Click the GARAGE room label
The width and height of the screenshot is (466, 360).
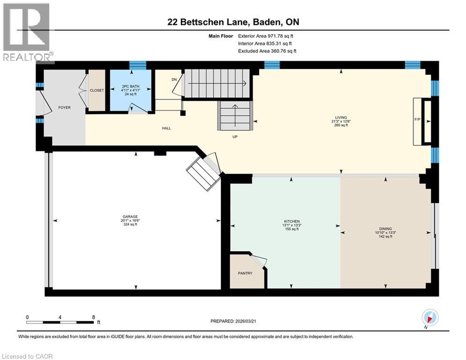tap(136, 217)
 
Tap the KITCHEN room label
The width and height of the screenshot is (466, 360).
tap(292, 221)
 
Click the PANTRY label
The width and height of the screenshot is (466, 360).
tap(245, 273)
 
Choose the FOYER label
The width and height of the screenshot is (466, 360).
tap(64, 107)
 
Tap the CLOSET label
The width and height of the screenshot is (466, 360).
tap(97, 90)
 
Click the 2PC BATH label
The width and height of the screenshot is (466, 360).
tap(131, 86)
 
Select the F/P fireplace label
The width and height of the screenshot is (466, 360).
tap(417, 119)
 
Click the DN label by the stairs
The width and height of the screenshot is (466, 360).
tap(174, 80)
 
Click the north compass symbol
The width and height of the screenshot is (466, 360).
tap(429, 318)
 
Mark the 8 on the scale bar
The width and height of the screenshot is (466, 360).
tap(94, 316)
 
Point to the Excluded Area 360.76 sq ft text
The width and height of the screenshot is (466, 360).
tap(267, 51)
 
